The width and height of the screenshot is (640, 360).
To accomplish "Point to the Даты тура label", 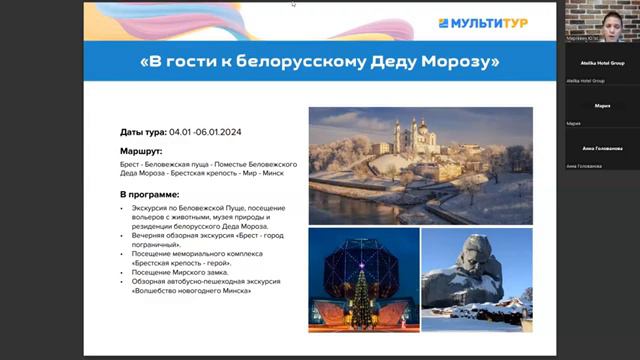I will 143,132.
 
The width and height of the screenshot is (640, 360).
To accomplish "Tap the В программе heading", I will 149,193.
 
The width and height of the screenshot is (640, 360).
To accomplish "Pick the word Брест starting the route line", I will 130,161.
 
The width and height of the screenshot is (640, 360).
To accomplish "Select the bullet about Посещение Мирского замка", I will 180,272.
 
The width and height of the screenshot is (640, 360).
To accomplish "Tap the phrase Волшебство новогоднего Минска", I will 191,291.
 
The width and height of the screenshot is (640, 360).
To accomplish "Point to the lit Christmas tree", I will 361,295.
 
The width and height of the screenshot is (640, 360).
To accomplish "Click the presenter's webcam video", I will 601,19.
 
